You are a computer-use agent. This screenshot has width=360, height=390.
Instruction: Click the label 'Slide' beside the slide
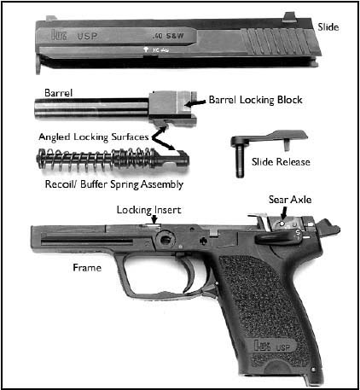pyautogui.click(x=328, y=27)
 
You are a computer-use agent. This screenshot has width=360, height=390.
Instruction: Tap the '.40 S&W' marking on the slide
pyautogui.click(x=168, y=37)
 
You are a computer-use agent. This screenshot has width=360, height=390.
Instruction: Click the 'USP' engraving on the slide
pyautogui.click(x=87, y=36)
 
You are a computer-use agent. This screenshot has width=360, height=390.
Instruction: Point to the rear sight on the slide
pyautogui.click(x=289, y=16)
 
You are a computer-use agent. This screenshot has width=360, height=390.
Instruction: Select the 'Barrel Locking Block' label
pyautogui.click(x=255, y=100)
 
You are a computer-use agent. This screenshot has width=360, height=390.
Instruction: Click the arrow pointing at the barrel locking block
pyautogui.click(x=195, y=103)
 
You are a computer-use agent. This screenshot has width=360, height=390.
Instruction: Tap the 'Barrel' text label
pyautogui.click(x=59, y=93)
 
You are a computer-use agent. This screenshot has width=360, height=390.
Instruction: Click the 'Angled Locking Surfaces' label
pyautogui.click(x=94, y=137)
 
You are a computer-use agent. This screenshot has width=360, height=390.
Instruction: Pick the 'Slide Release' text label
pyautogui.click(x=281, y=162)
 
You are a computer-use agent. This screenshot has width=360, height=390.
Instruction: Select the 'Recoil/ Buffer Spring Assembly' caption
pyautogui.click(x=114, y=184)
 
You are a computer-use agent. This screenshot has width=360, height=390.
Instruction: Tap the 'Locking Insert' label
pyautogui.click(x=148, y=210)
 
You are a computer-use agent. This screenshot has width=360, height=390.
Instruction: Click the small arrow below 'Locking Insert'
pyautogui.click(x=154, y=219)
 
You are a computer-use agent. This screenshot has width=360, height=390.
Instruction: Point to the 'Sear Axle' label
pyautogui.click(x=290, y=200)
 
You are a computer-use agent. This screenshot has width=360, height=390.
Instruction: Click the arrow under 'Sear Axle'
pyautogui.click(x=283, y=213)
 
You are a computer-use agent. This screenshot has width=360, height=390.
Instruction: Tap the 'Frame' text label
pyautogui.click(x=87, y=268)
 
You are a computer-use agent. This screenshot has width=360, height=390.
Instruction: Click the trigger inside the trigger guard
pyautogui.click(x=189, y=275)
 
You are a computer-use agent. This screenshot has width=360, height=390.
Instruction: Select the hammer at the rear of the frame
pyautogui.click(x=330, y=227)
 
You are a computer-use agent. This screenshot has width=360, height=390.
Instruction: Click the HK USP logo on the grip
pyautogui.click(x=272, y=346)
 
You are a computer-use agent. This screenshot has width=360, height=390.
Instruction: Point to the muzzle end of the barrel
pyautogui.click(x=37, y=109)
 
